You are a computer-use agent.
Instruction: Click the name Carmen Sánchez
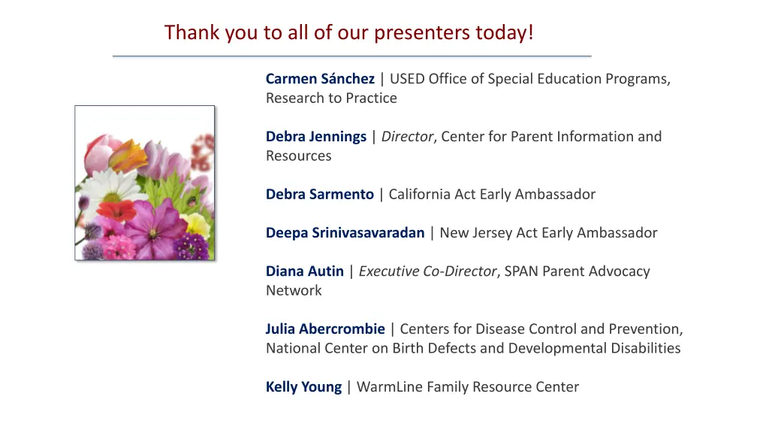[x=320, y=79]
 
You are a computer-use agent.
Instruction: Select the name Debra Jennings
[x=316, y=137]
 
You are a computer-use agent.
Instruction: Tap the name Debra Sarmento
[x=319, y=195]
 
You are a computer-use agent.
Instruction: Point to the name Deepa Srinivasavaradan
[x=345, y=233]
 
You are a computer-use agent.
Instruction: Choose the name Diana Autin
[x=304, y=271]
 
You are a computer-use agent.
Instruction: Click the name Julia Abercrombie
[x=325, y=329]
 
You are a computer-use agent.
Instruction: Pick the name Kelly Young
[x=303, y=387]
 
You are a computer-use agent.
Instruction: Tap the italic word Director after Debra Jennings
[x=407, y=137]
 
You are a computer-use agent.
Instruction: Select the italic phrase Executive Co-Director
[x=427, y=271]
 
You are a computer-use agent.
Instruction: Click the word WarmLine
[x=389, y=387]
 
